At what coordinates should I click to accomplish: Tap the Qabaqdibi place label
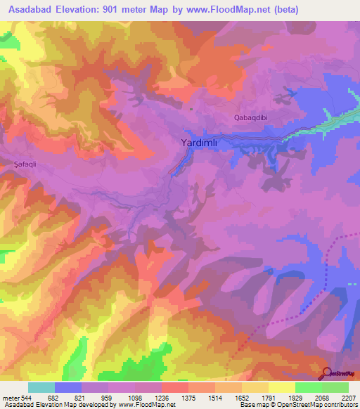click(x=251, y=118)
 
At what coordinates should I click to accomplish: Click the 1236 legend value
click(x=162, y=397)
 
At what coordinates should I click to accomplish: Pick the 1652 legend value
click(x=242, y=397)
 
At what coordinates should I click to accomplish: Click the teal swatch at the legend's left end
click(x=41, y=387)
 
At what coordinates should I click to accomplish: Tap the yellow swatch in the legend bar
click(x=281, y=387)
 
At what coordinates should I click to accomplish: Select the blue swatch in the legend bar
click(x=68, y=387)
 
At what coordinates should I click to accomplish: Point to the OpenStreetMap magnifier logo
click(x=328, y=373)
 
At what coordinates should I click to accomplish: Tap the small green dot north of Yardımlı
click(x=191, y=108)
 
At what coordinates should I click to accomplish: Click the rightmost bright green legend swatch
click(x=335, y=387)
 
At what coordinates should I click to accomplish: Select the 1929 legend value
click(x=295, y=397)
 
